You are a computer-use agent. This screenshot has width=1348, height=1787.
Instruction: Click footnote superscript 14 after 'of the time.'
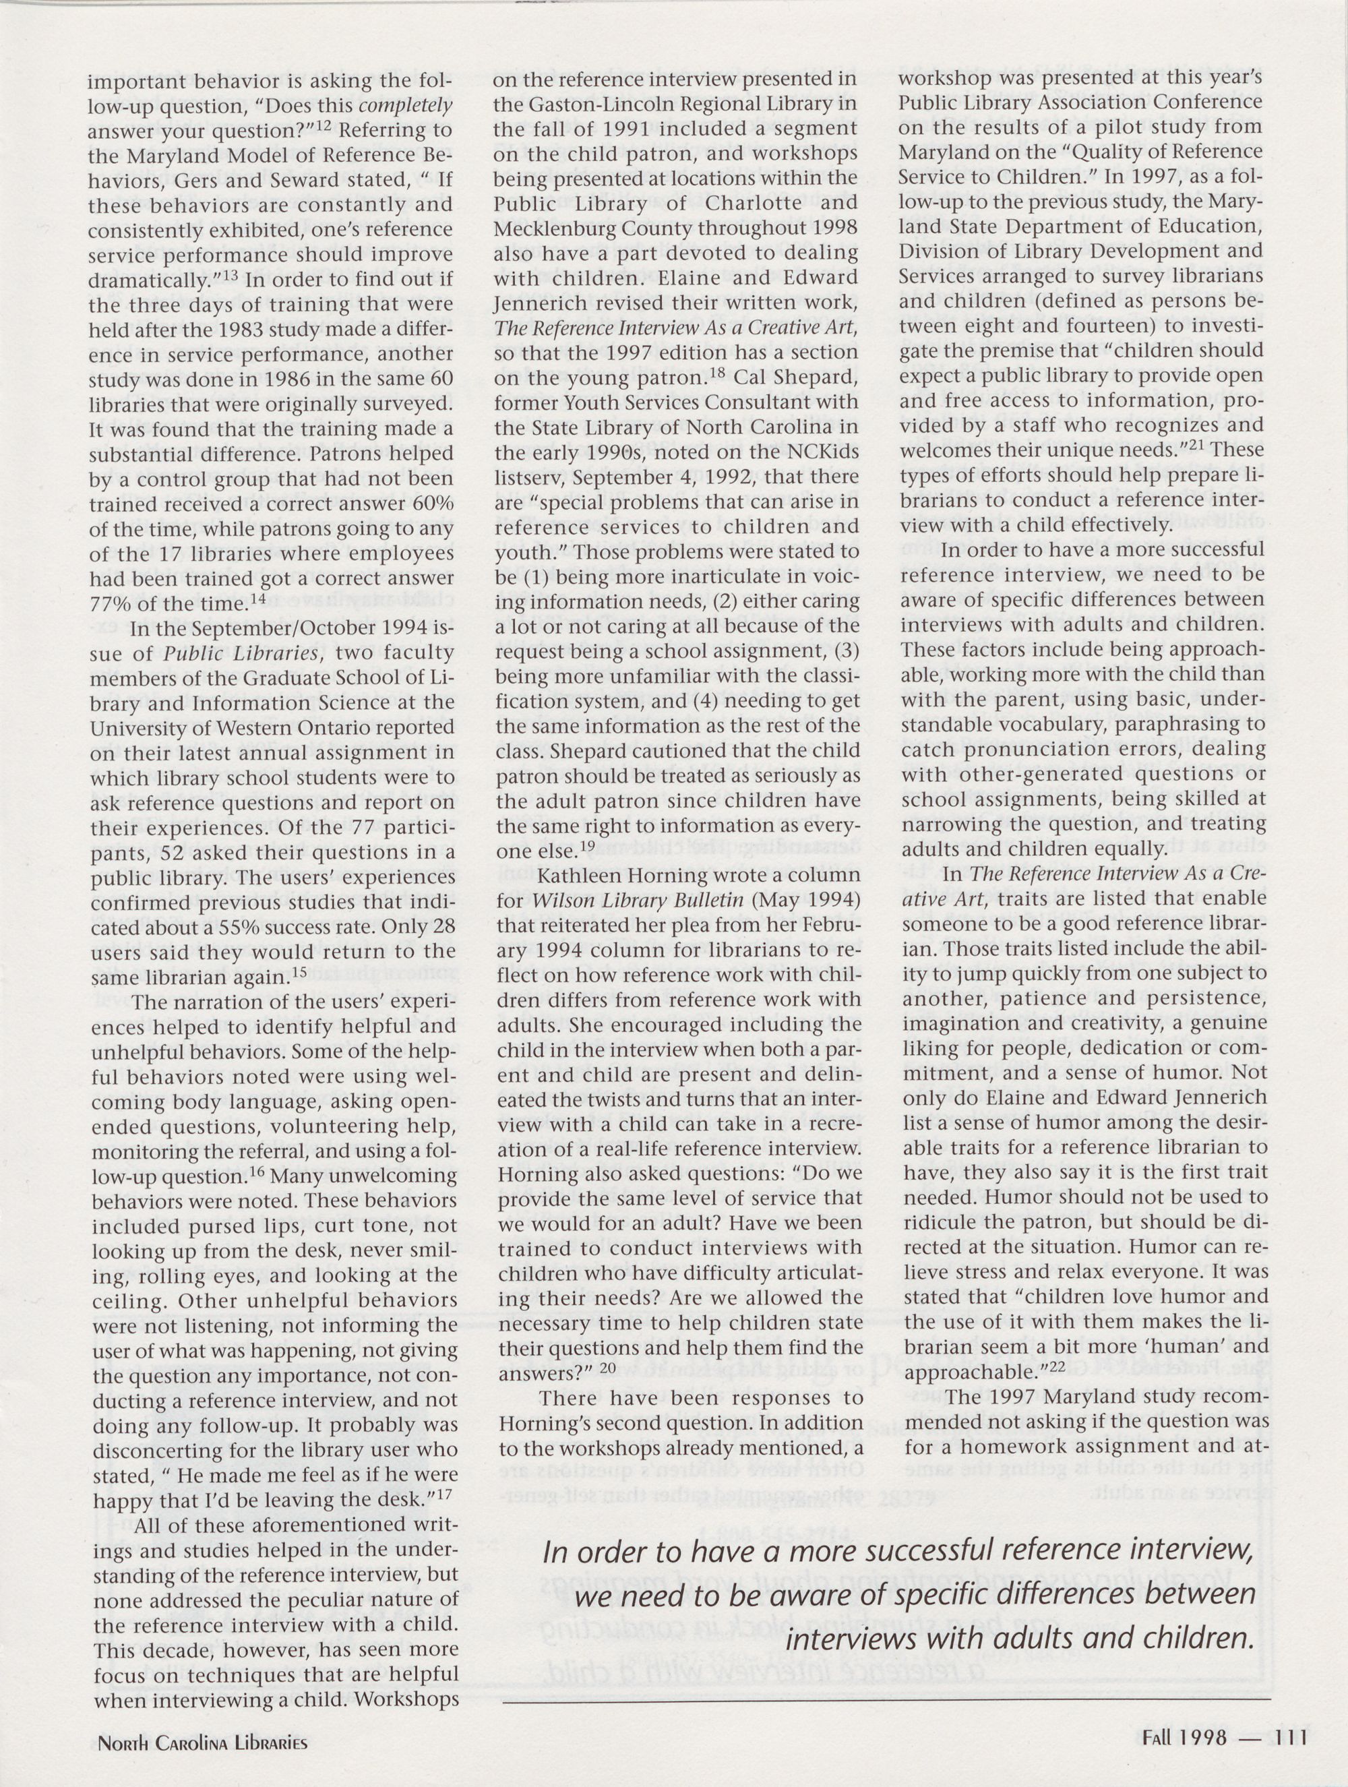click(x=257, y=599)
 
